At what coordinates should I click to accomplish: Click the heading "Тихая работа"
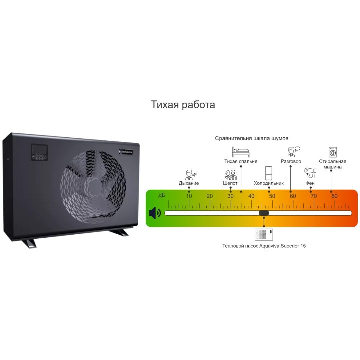[183, 105]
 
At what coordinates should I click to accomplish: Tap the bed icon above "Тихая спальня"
[240, 152]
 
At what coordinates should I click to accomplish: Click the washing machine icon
[333, 152]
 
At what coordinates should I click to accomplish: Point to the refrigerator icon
[268, 173]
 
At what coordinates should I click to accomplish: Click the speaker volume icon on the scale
[155, 213]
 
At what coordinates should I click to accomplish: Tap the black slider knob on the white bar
[264, 213]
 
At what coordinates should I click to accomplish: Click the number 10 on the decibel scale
[189, 196]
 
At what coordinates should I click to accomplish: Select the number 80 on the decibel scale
[334, 196]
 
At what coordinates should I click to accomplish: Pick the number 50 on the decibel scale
[272, 196]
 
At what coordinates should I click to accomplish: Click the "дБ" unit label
[162, 195]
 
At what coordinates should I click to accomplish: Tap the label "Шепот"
[230, 183]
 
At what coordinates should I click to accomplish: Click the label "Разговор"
[291, 161]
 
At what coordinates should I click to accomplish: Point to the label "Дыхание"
[189, 183]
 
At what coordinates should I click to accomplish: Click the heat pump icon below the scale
[264, 234]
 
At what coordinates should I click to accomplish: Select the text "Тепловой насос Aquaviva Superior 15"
[264, 246]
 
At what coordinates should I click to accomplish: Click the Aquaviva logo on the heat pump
[126, 152]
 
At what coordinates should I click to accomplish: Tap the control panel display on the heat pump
[39, 149]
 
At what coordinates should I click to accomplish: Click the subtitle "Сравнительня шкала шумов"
[252, 138]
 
